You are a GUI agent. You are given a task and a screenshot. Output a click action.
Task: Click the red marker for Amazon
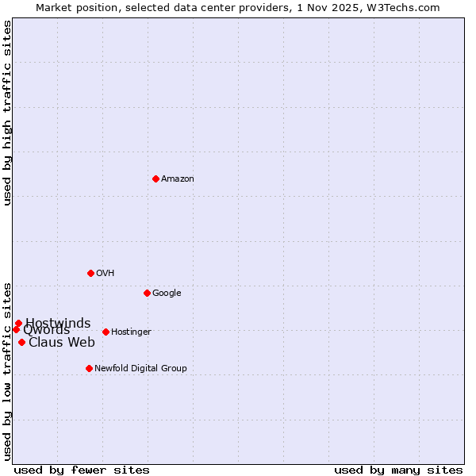coord(155,178)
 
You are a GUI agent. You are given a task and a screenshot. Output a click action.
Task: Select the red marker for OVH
coord(90,273)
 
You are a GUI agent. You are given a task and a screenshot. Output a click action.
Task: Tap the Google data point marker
coord(147,293)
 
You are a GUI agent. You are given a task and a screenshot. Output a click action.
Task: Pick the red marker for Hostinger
coord(106,332)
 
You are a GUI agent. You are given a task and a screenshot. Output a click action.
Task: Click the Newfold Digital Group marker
coord(89,368)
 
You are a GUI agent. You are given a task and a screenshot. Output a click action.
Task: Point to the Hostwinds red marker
coord(18,323)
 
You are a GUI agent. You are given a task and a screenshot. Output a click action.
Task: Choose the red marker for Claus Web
coord(21,342)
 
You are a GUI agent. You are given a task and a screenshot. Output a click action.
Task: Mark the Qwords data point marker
coord(16,329)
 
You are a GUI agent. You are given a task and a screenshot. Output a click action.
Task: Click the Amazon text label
coord(178,179)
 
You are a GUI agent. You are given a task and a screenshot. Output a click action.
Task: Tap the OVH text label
coord(106,274)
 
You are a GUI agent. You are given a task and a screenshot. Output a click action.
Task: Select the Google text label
coord(167,294)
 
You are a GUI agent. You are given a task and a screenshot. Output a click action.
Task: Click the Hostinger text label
coord(131,332)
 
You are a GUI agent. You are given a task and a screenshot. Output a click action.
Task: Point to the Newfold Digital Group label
coord(140,369)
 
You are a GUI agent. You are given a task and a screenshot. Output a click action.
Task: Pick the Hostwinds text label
coord(58,323)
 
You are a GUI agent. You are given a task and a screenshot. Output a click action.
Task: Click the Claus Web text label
coord(62,343)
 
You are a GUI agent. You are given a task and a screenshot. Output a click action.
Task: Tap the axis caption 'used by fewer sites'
coord(82,470)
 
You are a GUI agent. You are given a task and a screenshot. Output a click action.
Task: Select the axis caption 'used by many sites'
coord(398,470)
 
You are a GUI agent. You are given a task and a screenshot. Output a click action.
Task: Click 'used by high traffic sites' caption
coord(8,113)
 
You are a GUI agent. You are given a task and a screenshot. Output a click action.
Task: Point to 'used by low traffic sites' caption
coord(8,370)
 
